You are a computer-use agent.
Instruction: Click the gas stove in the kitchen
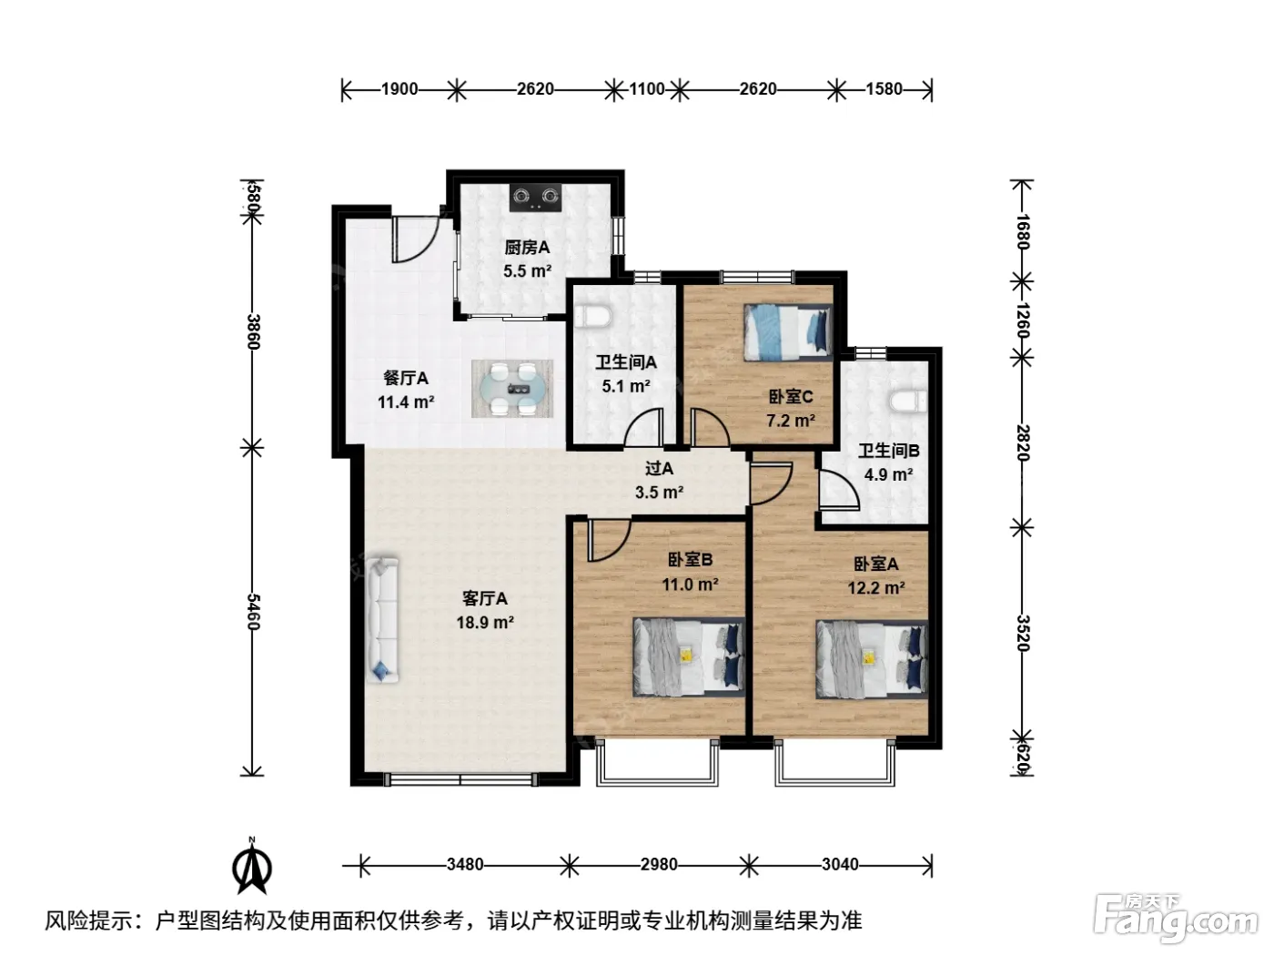click(535, 198)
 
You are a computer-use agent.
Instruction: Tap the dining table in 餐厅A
click(511, 389)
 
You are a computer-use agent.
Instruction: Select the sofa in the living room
click(381, 619)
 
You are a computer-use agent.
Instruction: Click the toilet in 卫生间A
click(593, 316)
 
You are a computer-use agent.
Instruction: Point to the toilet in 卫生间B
click(908, 402)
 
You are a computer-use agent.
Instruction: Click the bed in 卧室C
click(788, 331)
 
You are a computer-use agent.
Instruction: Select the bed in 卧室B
click(688, 657)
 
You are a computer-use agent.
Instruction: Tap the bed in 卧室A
click(871, 659)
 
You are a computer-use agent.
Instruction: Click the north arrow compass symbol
click(252, 868)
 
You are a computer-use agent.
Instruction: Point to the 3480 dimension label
click(465, 865)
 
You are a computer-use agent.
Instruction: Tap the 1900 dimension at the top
click(399, 89)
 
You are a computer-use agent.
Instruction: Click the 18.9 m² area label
click(485, 623)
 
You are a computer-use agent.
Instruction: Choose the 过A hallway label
click(659, 468)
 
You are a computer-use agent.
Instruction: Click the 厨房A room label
click(526, 248)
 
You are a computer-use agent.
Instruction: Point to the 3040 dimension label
click(839, 865)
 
